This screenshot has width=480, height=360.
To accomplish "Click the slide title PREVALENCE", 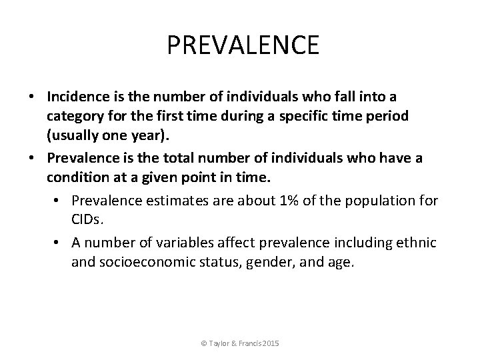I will pyautogui.click(x=243, y=46).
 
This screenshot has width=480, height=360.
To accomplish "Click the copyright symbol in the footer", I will pyautogui.click(x=203, y=343).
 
